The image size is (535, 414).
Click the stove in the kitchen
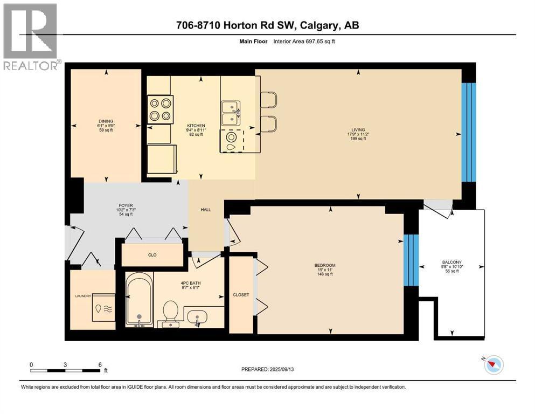161,109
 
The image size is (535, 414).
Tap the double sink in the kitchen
230,113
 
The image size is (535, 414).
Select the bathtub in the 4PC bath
139,300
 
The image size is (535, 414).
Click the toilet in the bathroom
171,314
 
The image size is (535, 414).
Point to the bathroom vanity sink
198,317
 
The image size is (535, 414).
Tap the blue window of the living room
469,133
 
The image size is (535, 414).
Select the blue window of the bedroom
411,260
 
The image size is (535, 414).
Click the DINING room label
106,121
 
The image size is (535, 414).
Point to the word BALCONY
451,262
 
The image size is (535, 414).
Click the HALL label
206,210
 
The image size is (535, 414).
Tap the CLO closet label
152,255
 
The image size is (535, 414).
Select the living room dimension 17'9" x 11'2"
358,134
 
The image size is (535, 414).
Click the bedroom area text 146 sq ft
324,274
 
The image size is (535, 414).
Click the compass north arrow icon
494,365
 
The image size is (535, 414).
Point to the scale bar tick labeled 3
65,365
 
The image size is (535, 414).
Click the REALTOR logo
31,37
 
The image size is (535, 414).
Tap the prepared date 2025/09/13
281,369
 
